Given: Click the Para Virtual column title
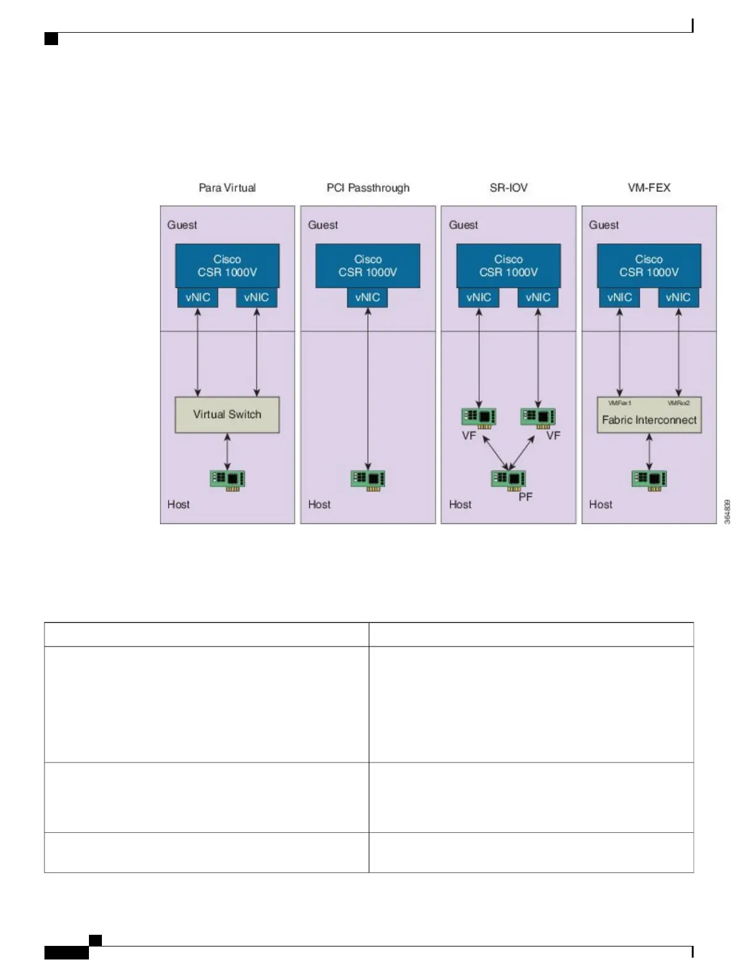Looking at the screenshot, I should point(227,188).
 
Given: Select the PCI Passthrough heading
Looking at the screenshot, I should point(367,188).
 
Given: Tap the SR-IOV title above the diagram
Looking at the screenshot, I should point(508,188).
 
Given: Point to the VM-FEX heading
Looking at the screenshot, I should point(649,188).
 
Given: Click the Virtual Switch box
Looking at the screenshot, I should point(227,414).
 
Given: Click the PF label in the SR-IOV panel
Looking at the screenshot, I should point(525,497).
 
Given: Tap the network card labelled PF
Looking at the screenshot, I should point(508,479).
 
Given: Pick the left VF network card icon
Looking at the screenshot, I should point(479,417).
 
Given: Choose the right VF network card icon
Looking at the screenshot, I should point(537,417).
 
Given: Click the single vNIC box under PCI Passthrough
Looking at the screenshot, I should point(367,298).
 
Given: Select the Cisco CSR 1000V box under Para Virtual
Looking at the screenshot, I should point(227,265).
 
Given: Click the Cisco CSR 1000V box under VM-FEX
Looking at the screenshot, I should point(649,265).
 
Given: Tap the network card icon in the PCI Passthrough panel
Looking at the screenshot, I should point(367,479).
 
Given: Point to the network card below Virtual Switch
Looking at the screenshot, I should point(227,479).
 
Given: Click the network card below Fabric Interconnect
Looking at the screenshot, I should point(649,479).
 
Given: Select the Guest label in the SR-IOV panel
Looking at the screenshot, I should point(463,225).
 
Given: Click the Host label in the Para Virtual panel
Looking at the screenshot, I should point(178,504).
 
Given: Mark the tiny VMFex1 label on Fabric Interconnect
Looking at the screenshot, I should point(619,403).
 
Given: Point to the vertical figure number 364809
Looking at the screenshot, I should point(727,512).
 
